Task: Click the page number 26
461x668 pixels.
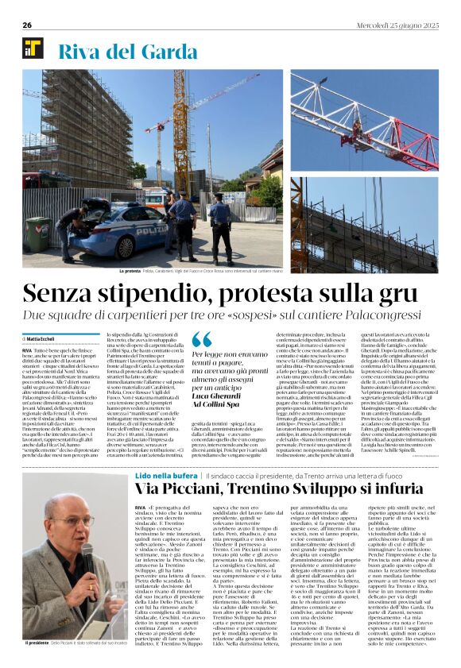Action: (28, 25)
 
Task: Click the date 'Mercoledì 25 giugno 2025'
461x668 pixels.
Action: (395, 25)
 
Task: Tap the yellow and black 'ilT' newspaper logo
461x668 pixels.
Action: (33, 49)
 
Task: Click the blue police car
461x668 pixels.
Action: (119, 230)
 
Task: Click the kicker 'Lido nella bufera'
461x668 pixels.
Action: (165, 475)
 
